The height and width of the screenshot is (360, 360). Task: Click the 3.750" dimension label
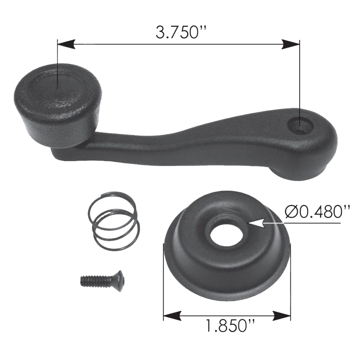tap(181, 32)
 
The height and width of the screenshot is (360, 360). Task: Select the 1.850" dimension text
tap(230, 326)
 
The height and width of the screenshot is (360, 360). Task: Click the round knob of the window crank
tap(58, 106)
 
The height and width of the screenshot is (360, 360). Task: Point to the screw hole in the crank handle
tap(300, 126)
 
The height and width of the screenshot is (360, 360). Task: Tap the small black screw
tap(102, 280)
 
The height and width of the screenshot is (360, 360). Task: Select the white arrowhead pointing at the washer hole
tap(256, 223)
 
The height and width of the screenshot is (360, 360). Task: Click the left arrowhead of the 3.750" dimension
tap(66, 44)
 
